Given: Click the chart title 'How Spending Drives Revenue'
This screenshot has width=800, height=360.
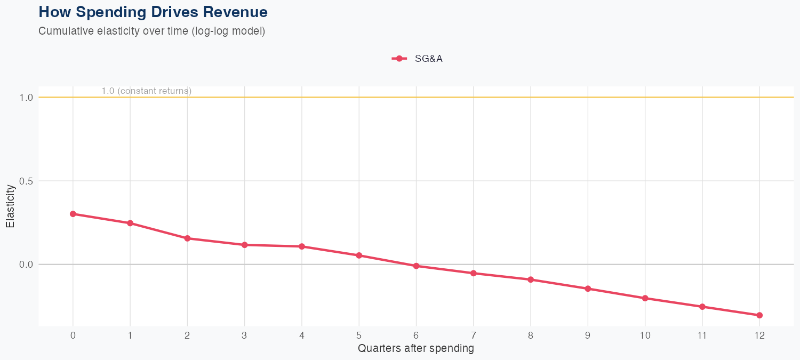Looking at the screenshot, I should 153,12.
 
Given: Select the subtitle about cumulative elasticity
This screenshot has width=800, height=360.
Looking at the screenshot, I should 151,31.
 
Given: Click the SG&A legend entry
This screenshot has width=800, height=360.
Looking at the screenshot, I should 418,59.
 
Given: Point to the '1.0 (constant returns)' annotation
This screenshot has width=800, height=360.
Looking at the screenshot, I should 146,91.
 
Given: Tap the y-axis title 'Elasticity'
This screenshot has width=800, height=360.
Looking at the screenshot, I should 10,206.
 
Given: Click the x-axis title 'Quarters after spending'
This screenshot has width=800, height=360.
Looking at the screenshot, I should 415,349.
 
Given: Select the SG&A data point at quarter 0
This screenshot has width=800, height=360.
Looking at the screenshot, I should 73,214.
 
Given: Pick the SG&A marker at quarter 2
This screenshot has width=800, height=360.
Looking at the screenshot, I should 187,238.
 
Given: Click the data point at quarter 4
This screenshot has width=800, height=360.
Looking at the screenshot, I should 302,246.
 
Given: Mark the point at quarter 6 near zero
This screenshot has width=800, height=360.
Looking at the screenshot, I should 416,266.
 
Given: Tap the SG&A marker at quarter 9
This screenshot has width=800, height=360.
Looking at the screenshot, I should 588,289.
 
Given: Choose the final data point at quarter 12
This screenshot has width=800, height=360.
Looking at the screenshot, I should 759,315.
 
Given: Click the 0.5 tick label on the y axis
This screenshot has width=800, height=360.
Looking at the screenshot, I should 26,181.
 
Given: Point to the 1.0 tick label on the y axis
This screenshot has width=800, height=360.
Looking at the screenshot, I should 26,98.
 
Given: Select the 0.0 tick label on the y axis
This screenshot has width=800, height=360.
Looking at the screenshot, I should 26,265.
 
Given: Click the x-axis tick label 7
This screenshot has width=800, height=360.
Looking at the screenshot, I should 473,335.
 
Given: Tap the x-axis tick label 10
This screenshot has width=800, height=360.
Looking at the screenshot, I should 645,335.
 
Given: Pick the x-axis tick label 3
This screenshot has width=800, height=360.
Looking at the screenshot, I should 244,335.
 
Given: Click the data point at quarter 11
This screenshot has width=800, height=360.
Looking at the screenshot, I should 702,307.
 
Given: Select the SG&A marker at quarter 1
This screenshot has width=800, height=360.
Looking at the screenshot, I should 130,223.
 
